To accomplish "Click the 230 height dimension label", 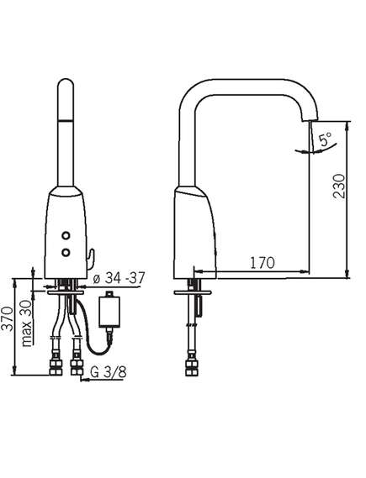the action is pyautogui.click(x=339, y=186).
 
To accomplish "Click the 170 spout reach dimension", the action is pyautogui.click(x=263, y=263).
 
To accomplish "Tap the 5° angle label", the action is pyautogui.click(x=326, y=139).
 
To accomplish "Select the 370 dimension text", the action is pyautogui.click(x=7, y=319).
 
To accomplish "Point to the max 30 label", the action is pyautogui.click(x=26, y=323).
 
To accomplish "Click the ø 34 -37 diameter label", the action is pyautogui.click(x=119, y=278).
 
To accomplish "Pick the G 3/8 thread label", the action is pyautogui.click(x=109, y=372).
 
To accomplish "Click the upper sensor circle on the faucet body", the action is pyautogui.click(x=66, y=236).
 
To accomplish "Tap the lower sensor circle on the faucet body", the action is pyautogui.click(x=66, y=252).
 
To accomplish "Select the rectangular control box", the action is pyautogui.click(x=109, y=312).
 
